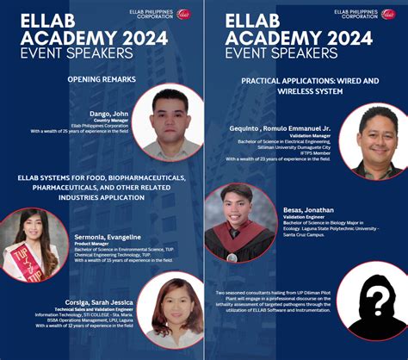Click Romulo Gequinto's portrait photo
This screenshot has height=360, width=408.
pyautogui.click(x=373, y=140)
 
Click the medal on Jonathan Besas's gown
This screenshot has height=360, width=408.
pyautogui.click(x=232, y=258)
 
